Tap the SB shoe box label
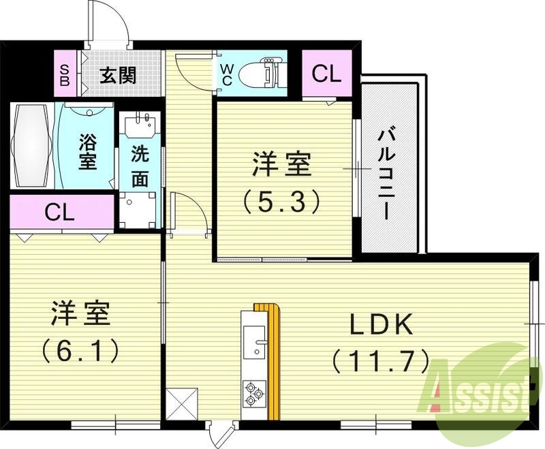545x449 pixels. click(65, 74)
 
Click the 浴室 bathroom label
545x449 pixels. click(87, 152)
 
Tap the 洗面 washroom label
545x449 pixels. click(140, 167)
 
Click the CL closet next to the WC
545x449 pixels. click(326, 74)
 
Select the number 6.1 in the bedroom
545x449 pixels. click(80, 350)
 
